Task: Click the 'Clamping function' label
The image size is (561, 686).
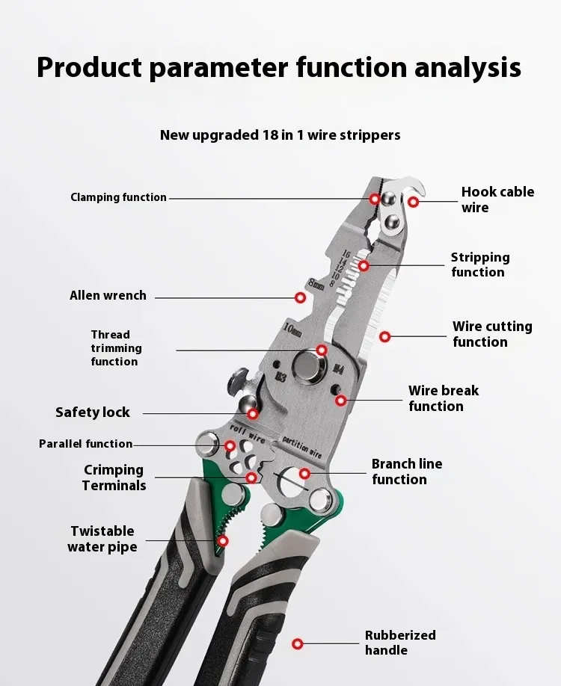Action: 118,197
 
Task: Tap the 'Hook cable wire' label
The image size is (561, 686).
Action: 497,200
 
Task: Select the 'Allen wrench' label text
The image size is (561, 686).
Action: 108,296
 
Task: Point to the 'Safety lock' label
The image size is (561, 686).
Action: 93,412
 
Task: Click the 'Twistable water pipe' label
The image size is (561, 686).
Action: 102,539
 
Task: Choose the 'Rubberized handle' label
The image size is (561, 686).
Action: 400,643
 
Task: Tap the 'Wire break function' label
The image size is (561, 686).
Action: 443,398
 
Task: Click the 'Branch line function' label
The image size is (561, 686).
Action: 406,472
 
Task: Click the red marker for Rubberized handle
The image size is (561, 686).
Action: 298,643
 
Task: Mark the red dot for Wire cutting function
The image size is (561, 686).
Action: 384,337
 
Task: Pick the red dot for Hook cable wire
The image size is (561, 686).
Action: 413,201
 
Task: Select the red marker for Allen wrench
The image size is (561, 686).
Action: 301,297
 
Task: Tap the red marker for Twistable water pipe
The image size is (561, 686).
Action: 222,540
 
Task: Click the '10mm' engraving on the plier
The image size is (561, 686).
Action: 292,329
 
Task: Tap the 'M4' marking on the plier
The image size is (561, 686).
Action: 337,368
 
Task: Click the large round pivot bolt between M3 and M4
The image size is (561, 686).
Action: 307,365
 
